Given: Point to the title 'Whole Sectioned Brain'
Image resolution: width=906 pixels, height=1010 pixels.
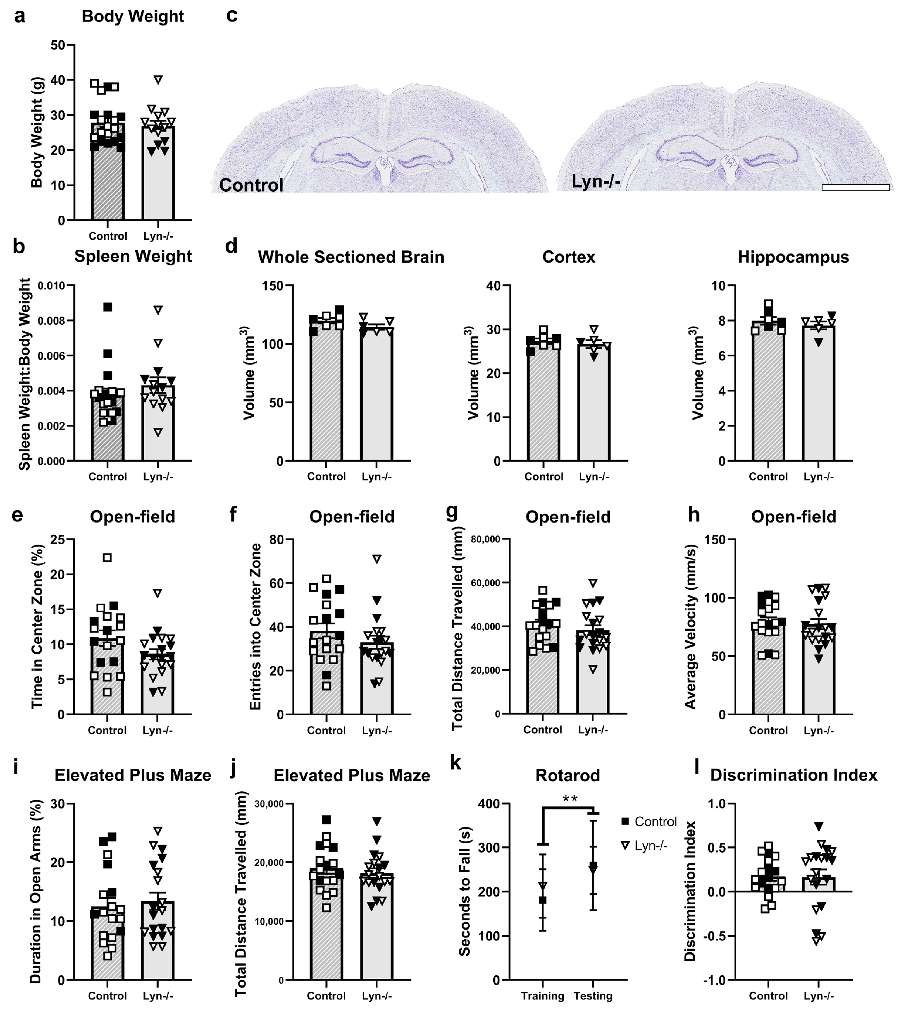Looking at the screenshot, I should tap(351, 257).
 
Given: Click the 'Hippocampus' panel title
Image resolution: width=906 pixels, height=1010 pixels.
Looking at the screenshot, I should tap(793, 257).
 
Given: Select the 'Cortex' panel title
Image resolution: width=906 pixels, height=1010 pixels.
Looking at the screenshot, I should tap(569, 257).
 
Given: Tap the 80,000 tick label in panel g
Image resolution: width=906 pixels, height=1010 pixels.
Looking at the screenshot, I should tap(485, 539).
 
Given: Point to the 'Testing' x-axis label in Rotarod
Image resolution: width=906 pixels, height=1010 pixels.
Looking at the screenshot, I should tap(593, 995).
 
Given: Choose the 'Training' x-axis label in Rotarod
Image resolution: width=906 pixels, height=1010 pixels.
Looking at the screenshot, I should tap(543, 995).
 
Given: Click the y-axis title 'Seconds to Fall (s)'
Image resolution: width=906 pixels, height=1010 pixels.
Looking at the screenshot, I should tap(464, 891).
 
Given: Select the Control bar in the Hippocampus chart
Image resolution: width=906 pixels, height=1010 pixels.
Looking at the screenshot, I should tap(768, 398).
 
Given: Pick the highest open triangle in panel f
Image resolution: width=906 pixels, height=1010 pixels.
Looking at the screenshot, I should tap(377, 559).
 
